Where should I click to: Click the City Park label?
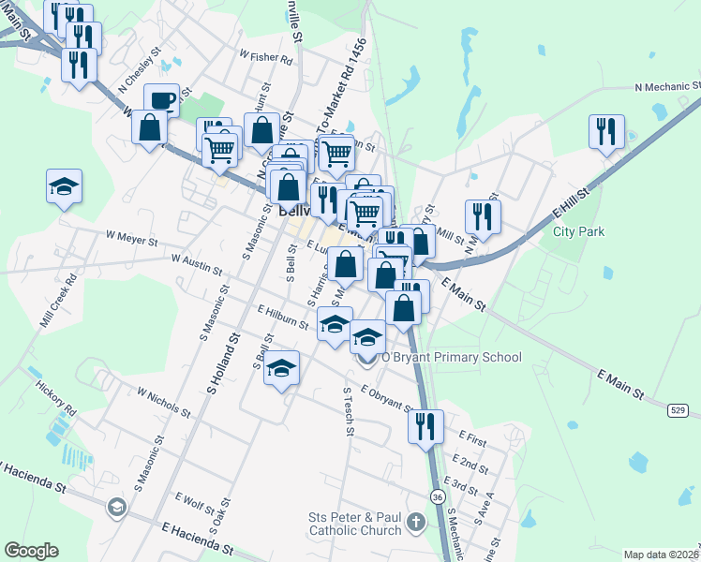click(578, 231)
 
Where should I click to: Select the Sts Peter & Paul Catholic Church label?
click(355, 524)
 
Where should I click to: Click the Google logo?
click(31, 551)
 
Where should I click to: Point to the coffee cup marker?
click(161, 99)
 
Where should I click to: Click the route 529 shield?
click(679, 410)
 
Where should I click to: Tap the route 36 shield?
click(439, 496)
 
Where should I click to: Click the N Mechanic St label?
click(667, 86)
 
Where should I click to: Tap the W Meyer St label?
click(132, 240)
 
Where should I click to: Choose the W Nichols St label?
click(164, 402)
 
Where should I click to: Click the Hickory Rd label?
click(55, 398)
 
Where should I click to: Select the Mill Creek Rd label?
click(57, 302)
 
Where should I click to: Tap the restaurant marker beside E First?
click(425, 425)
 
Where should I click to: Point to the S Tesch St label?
click(349, 412)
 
